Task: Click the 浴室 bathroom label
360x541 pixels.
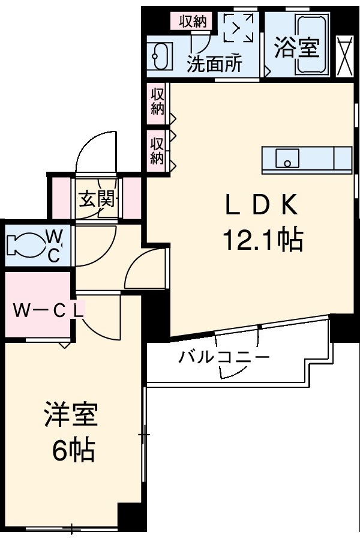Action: pos(296,48)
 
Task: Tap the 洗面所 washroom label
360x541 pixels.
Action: pos(214,64)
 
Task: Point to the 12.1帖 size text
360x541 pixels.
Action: pos(262,240)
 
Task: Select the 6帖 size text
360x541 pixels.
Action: pos(73,450)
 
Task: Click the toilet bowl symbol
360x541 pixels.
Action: pos(24,245)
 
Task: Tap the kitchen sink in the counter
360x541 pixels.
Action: pos(287,160)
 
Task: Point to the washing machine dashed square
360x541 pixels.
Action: pos(238,28)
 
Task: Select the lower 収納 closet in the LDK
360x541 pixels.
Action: pos(157,150)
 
